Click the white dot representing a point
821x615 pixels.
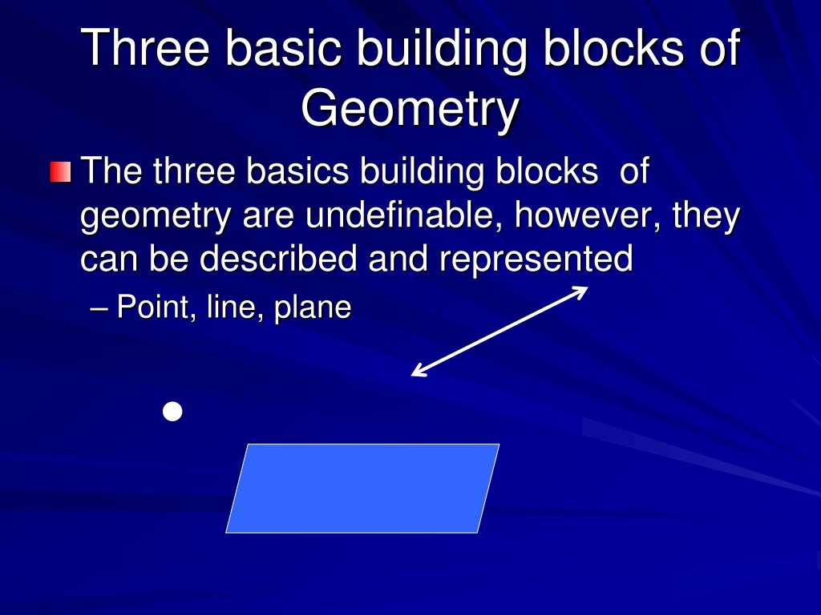[172, 412]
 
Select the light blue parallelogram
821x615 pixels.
[362, 488]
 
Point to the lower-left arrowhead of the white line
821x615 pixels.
[416, 372]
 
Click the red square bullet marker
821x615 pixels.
[60, 172]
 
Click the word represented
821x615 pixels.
[536, 259]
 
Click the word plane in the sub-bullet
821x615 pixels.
[313, 308]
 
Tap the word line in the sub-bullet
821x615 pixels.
[230, 307]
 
